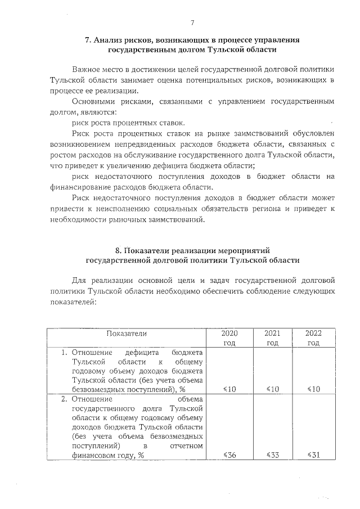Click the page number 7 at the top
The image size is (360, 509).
click(192, 22)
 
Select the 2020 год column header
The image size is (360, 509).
click(229, 337)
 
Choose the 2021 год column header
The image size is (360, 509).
click(272, 337)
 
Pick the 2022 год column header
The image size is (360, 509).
click(313, 337)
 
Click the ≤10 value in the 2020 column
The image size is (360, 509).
click(229, 389)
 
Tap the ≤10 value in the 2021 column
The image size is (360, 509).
click(272, 389)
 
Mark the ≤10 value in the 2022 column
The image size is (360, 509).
click(313, 389)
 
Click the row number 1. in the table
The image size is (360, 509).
click(64, 353)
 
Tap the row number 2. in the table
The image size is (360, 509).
click(64, 399)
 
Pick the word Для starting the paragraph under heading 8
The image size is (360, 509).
click(80, 280)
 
